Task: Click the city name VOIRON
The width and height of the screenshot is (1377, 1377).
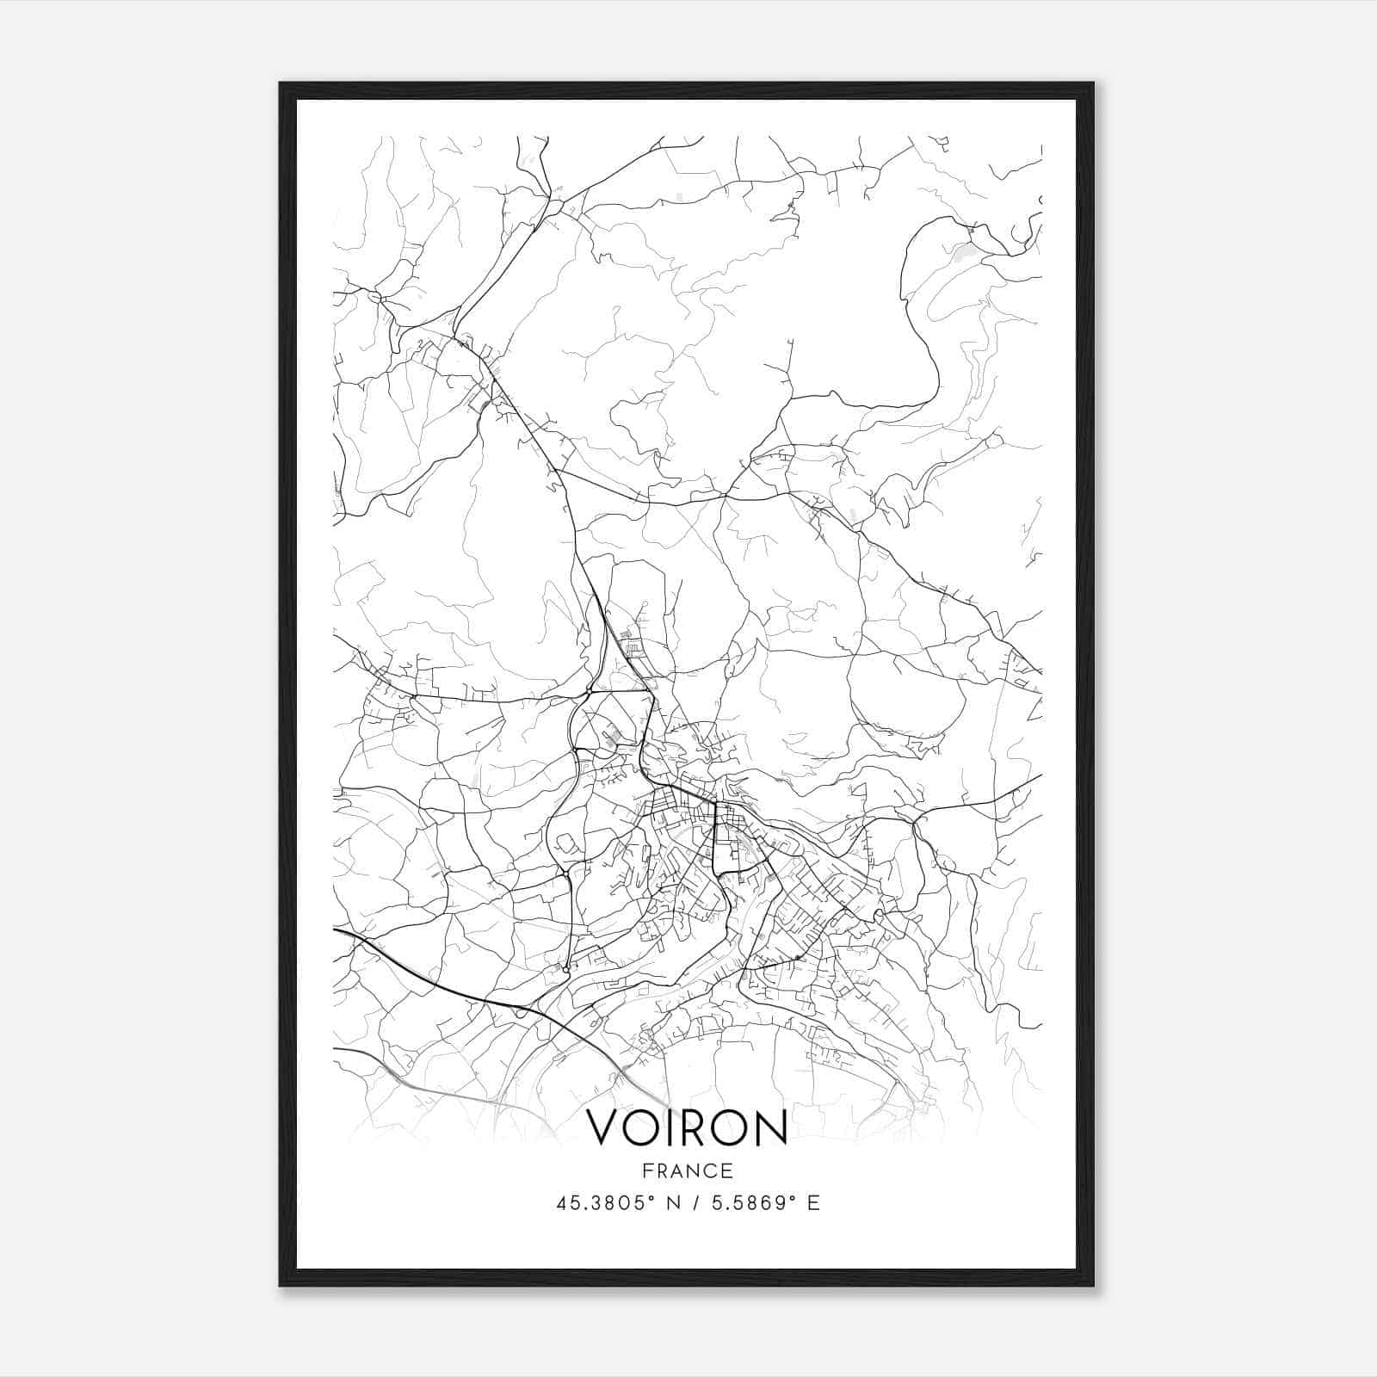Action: click(x=687, y=1127)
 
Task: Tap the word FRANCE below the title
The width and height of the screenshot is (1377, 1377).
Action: click(x=687, y=1171)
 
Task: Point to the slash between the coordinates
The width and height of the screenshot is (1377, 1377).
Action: click(x=693, y=1203)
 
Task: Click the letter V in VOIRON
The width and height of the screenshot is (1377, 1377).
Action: click(x=604, y=1127)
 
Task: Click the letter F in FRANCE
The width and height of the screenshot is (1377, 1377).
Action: click(x=647, y=1171)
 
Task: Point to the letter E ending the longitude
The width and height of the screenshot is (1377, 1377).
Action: click(x=813, y=1203)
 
